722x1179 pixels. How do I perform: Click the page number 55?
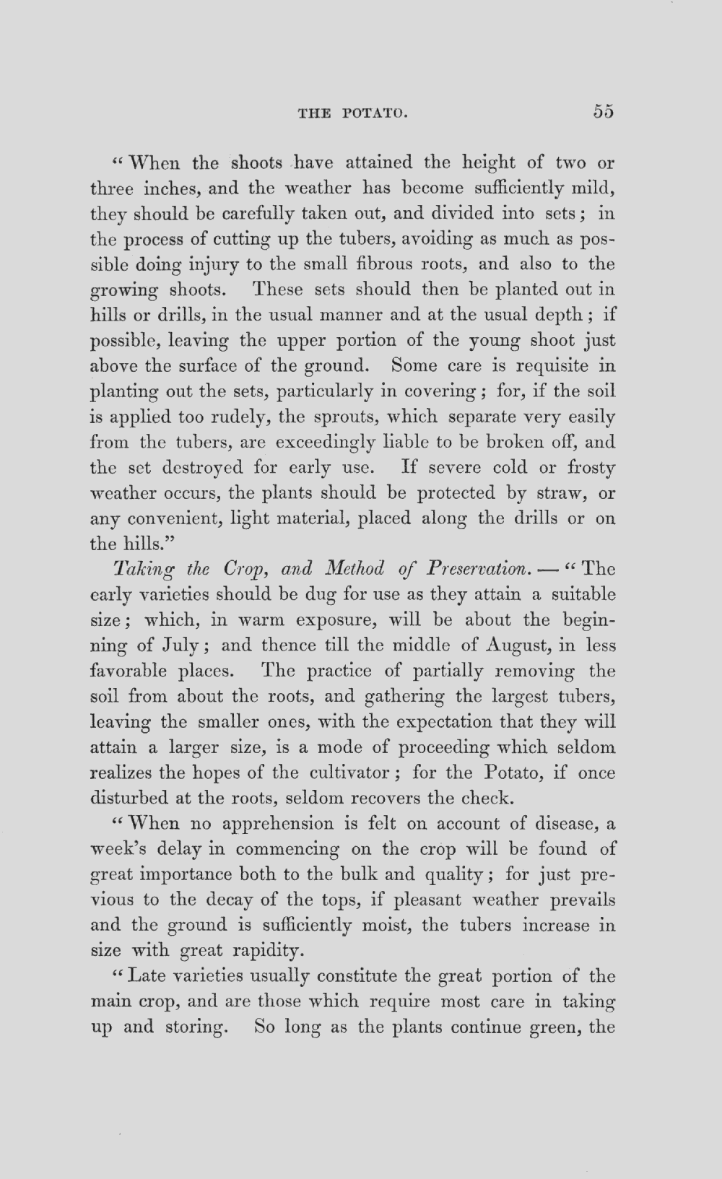click(x=604, y=111)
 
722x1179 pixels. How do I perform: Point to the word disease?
click(x=565, y=824)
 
